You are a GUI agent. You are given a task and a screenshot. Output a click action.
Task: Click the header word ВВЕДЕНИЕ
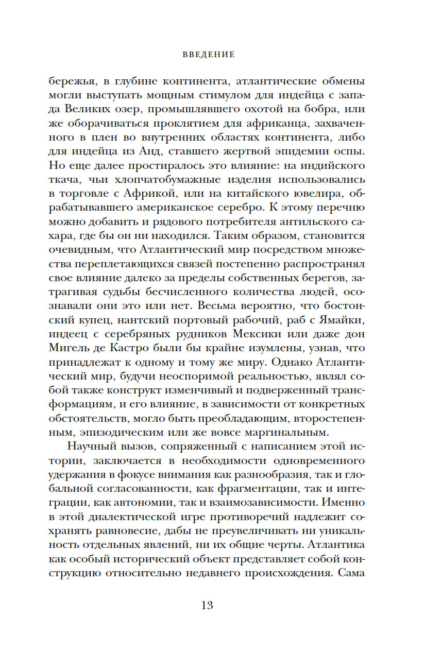coord(209,55)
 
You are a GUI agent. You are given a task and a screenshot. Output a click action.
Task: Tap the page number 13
coord(207,605)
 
